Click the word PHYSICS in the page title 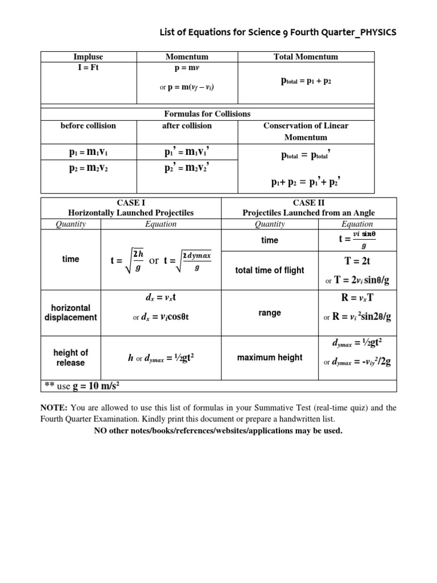[x=375, y=32]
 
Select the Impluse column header [x=88, y=56]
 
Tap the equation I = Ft [x=88, y=67]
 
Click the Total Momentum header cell [x=306, y=56]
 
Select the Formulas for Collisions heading [x=207, y=114]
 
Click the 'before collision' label [x=88, y=125]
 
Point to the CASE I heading [x=131, y=202]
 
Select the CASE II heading [x=308, y=202]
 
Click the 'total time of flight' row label [x=269, y=270]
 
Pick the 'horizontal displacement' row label [x=70, y=313]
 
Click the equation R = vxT [x=357, y=297]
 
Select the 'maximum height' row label [x=269, y=358]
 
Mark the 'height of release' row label [x=70, y=358]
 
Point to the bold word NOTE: [x=53, y=408]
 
